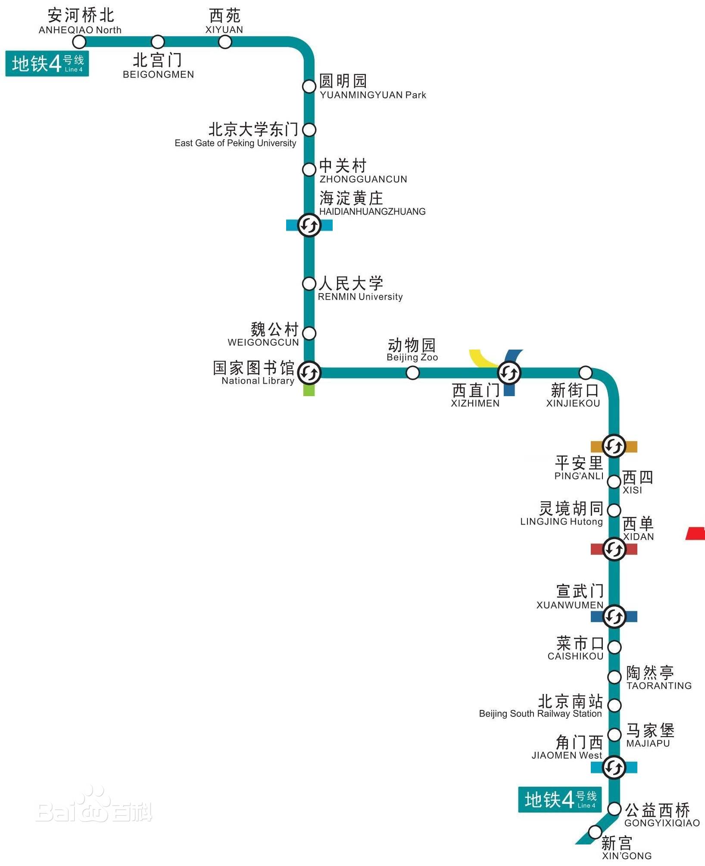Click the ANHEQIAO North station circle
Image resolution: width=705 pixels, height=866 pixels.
(x=79, y=42)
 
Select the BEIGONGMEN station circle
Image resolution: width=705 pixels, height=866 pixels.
(x=158, y=42)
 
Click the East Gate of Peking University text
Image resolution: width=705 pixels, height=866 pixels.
(x=235, y=143)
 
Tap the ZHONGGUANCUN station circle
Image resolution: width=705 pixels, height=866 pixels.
(x=309, y=169)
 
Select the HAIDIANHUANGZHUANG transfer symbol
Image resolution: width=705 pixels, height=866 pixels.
(x=309, y=225)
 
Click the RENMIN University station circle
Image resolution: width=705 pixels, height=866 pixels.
(x=309, y=284)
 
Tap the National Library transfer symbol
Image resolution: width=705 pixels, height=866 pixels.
(x=309, y=373)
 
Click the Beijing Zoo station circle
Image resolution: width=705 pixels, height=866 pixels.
(x=412, y=373)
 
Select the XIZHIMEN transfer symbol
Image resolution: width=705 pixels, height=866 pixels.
(x=509, y=373)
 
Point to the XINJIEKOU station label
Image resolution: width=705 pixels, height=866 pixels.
(x=573, y=395)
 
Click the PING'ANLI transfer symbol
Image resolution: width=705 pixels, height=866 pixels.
(x=614, y=446)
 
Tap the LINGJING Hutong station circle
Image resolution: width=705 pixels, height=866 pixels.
(x=614, y=510)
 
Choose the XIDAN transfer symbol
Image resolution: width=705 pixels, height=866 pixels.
(x=614, y=549)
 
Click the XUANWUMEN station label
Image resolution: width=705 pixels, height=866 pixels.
(x=570, y=597)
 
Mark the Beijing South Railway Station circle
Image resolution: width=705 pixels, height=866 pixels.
(x=614, y=706)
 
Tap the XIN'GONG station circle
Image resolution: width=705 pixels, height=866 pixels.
(x=595, y=831)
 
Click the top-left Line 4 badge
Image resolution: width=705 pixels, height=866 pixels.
(x=47, y=64)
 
